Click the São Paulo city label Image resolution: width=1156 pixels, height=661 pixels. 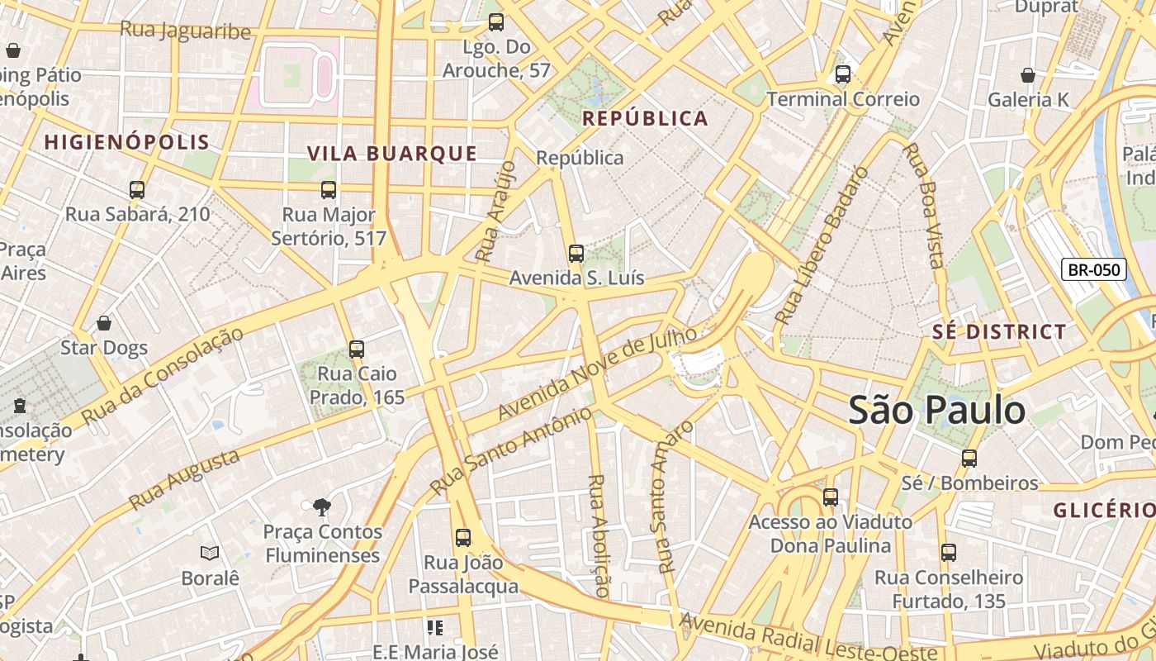coord(937,411)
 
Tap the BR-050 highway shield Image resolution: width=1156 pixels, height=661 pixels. coord(1093,269)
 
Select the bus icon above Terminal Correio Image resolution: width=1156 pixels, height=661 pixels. coord(842,74)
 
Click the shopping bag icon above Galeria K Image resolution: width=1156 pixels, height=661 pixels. coord(1028,76)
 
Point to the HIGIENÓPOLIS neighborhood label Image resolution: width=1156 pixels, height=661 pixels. coord(127,142)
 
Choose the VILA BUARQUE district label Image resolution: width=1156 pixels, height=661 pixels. coord(392,154)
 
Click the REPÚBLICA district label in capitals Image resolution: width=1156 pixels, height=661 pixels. coord(645,119)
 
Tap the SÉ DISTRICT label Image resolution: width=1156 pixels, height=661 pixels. coord(999,332)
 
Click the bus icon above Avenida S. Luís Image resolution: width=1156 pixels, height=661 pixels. coord(576,254)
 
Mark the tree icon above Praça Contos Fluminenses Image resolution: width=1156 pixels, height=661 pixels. coord(322,506)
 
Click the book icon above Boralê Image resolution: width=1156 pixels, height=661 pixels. coord(210,553)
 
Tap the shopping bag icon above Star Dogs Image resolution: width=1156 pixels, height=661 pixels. coord(104,323)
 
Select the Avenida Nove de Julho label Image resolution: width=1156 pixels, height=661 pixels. coord(598,373)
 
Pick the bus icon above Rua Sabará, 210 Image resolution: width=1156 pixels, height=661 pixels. coord(137,190)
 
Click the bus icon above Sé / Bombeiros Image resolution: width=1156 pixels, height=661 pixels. coord(969,458)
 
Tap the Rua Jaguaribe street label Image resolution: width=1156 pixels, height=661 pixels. coord(185,31)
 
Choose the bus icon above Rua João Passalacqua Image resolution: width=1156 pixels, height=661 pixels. coord(463,538)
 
